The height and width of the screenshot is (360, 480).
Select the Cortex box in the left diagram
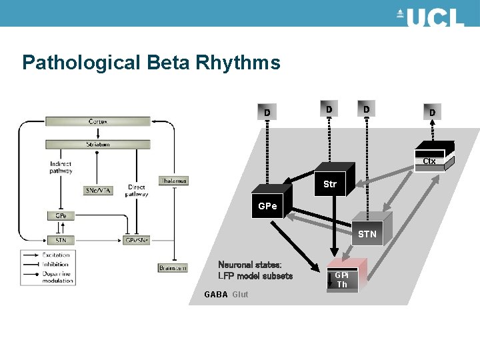(98, 121)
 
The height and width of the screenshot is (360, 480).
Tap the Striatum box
(98, 144)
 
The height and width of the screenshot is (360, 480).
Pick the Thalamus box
(173, 181)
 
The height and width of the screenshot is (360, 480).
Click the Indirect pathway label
(61, 167)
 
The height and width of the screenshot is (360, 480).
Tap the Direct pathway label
(137, 191)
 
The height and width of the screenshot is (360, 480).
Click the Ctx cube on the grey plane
(430, 157)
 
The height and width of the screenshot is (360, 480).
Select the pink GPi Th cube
(342, 279)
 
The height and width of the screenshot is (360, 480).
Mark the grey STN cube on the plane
(367, 233)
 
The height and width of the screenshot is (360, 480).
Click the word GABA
(215, 295)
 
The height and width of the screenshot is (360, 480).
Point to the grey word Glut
(240, 295)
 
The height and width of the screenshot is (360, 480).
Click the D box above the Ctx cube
(432, 113)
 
